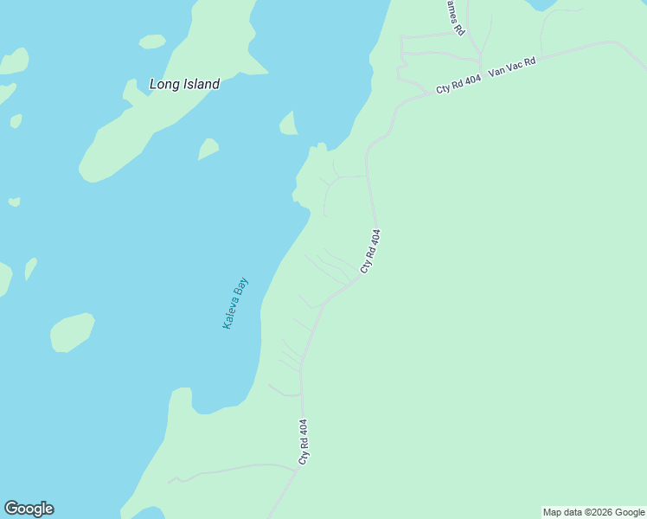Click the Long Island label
[184, 84]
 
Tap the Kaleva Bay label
[235, 303]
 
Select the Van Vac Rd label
[512, 67]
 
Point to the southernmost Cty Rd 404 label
[303, 442]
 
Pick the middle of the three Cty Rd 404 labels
[370, 252]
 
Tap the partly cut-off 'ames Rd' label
[455, 17]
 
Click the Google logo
[29, 509]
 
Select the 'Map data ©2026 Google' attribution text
[594, 512]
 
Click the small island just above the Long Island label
[152, 42]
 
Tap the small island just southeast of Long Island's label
[208, 149]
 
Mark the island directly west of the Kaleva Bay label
[72, 332]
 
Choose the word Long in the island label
[163, 84]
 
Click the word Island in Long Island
[199, 84]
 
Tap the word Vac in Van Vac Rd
[516, 67]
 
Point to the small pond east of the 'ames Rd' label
[541, 4]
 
